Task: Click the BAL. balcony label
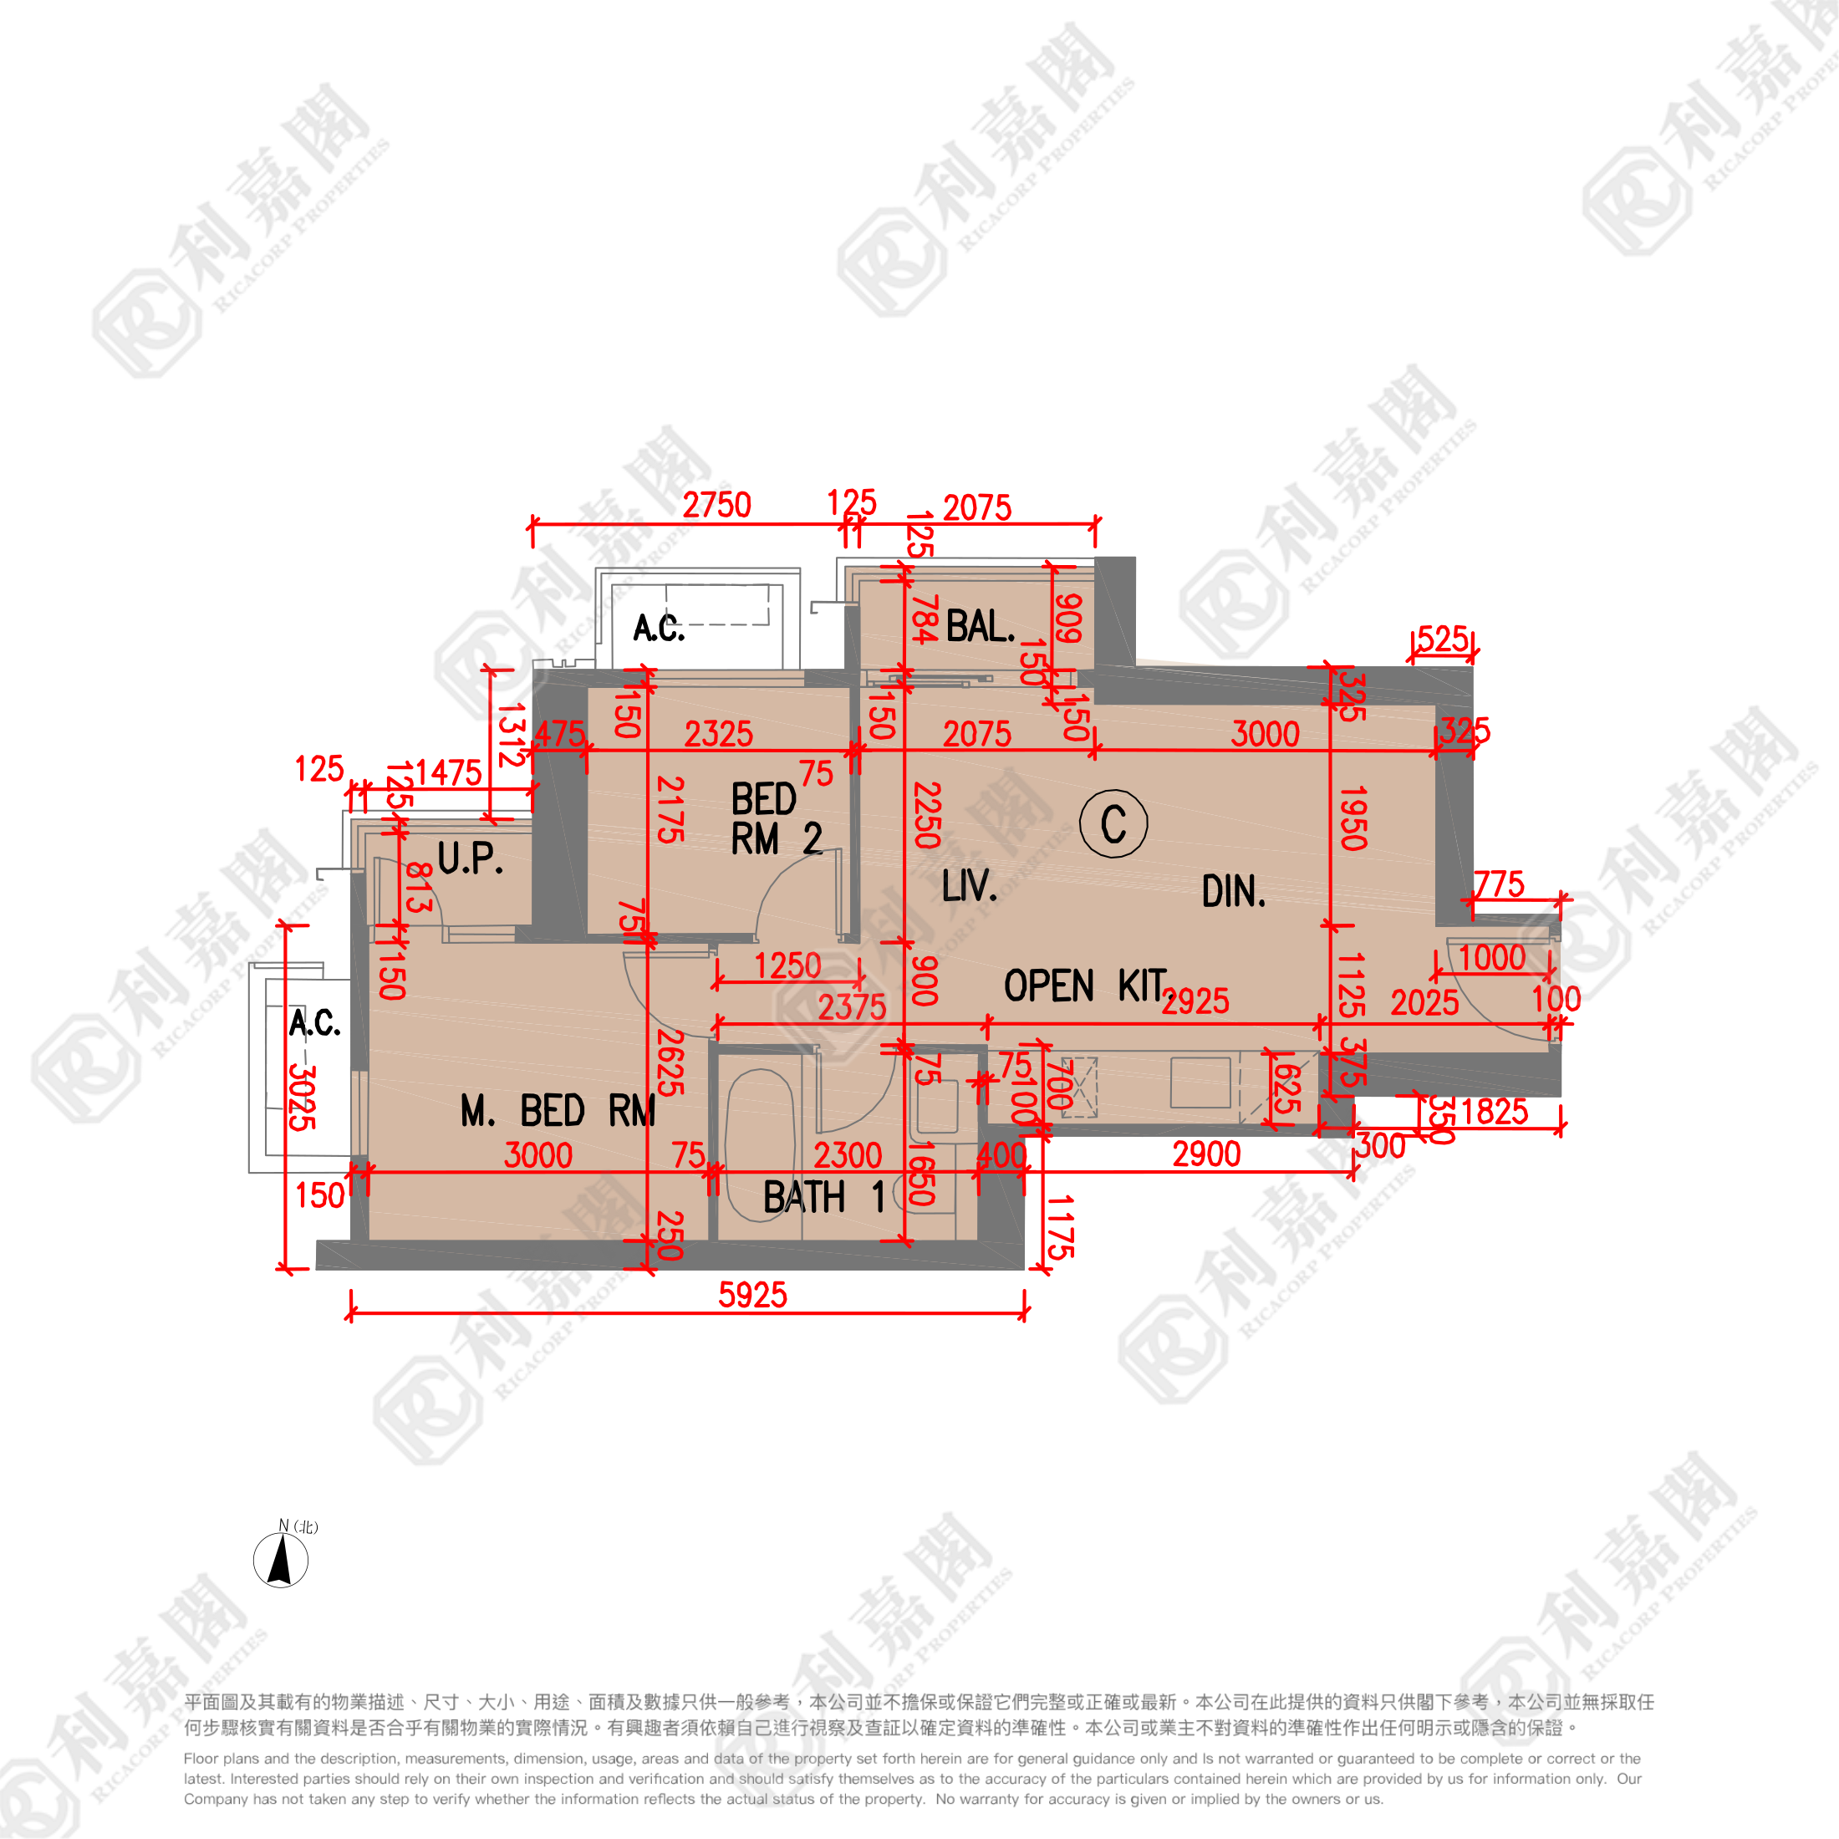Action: (981, 627)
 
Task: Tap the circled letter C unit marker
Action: (1113, 823)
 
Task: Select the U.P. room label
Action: (471, 858)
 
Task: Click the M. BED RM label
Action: (558, 1111)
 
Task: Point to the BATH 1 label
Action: (823, 1198)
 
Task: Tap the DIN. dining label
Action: (1234, 892)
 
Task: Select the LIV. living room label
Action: (969, 886)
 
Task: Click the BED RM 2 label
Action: (776, 819)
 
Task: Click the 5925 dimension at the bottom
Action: (752, 1295)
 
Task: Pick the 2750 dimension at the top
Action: (716, 506)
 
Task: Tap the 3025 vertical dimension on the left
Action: (302, 1097)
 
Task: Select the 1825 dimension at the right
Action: (1494, 1112)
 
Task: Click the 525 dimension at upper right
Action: (1442, 639)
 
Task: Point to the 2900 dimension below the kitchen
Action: (1206, 1154)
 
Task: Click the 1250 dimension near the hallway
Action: (787, 966)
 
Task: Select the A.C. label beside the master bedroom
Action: (314, 1023)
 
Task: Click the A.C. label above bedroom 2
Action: (659, 629)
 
